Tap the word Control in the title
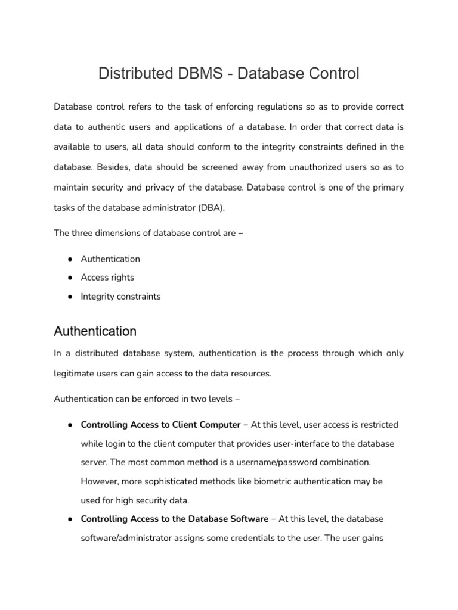pyautogui.click(x=331, y=74)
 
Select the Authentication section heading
pyautogui.click(x=95, y=331)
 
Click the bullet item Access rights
pyautogui.click(x=107, y=278)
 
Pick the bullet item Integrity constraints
pyautogui.click(x=120, y=296)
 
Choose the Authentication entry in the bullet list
pyautogui.click(x=110, y=259)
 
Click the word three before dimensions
pyautogui.click(x=83, y=233)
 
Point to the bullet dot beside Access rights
pyautogui.click(x=70, y=278)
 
